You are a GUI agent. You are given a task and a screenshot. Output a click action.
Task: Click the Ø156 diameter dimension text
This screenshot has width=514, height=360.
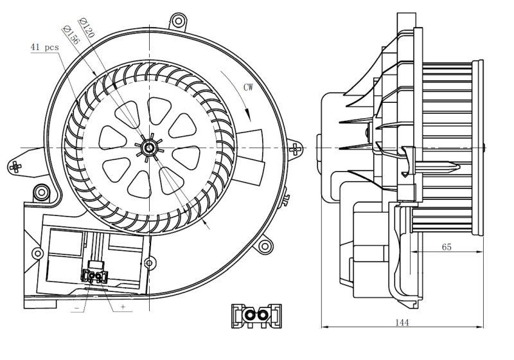pyautogui.click(x=71, y=35)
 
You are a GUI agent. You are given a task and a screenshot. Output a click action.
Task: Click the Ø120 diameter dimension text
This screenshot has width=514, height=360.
pyautogui.click(x=86, y=28)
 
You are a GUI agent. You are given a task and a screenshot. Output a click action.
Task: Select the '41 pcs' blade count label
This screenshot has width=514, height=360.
pyautogui.click(x=44, y=47)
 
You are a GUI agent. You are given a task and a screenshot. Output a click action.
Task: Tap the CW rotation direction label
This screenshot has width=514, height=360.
pyautogui.click(x=248, y=87)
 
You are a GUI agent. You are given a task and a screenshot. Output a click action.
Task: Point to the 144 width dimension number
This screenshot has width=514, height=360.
pyautogui.click(x=402, y=323)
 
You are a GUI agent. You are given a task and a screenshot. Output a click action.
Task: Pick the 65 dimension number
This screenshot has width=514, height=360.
pyautogui.click(x=447, y=247)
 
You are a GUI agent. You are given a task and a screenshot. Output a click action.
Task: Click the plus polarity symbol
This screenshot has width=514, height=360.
pyautogui.click(x=123, y=307)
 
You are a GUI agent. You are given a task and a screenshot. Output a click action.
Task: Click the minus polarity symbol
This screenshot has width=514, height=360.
pyautogui.click(x=77, y=308)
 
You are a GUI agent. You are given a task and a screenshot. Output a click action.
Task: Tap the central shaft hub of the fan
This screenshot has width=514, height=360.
pyautogui.click(x=149, y=148)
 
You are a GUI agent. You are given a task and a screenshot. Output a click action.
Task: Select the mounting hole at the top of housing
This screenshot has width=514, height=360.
pyautogui.click(x=179, y=21)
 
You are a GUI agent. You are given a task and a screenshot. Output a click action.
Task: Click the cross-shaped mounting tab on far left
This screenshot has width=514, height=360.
pyautogui.click(x=15, y=167)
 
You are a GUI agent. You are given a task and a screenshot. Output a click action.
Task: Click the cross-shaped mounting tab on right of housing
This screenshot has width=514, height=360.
pyautogui.click(x=295, y=149)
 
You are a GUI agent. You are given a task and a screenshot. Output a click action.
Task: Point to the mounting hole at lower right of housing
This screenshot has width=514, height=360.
pyautogui.click(x=264, y=246)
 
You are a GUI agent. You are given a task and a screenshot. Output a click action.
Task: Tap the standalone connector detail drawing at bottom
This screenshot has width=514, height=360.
pyautogui.click(x=256, y=316)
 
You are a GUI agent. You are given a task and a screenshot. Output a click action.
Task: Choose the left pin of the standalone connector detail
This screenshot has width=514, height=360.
pyautogui.click(x=250, y=316)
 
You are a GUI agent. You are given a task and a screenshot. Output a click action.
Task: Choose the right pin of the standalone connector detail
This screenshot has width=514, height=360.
pyautogui.click(x=262, y=316)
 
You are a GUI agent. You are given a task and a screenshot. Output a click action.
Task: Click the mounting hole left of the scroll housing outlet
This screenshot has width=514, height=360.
pyautogui.click(x=42, y=192)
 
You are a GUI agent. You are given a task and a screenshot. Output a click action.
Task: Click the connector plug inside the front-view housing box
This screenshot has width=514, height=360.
pyautogui.click(x=94, y=276)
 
